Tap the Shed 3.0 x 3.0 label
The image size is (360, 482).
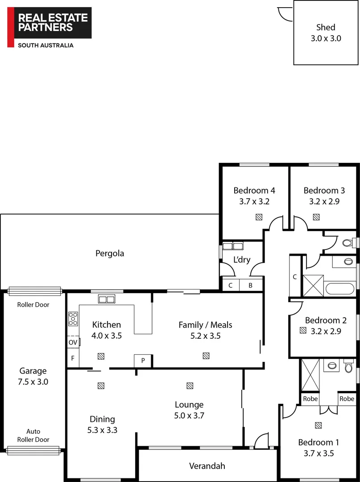326,33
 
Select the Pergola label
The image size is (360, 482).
110,253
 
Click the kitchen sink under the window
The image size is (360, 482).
107,299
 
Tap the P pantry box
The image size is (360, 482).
143,361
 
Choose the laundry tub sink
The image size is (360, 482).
233,246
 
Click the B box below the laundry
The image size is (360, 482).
250,285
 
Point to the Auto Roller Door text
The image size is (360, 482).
33,436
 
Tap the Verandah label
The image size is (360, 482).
207,466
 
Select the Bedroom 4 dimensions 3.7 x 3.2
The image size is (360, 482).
254,201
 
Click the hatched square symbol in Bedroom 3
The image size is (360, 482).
316,217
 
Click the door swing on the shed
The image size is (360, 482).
283,13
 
